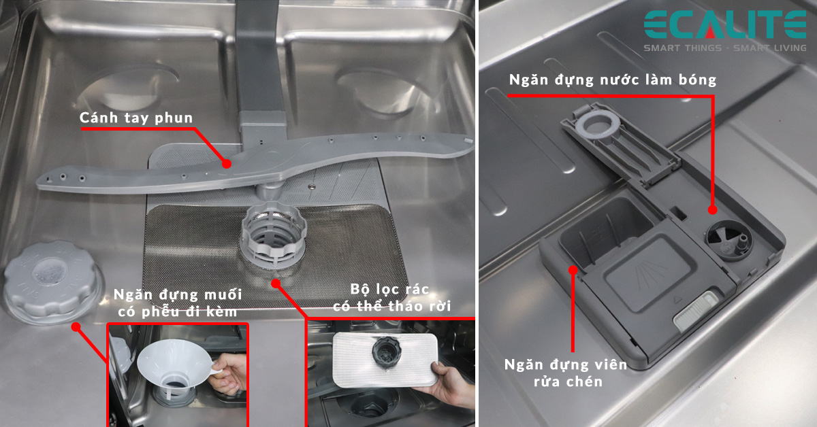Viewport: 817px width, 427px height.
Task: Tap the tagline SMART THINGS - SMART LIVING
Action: (725, 48)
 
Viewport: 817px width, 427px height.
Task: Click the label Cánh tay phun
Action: (136, 118)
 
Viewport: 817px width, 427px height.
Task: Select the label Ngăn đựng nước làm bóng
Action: (613, 80)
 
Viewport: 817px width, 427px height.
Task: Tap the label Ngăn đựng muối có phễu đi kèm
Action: (175, 303)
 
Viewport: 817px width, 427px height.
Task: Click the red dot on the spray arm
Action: (226, 163)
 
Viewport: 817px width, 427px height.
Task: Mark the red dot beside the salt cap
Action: (76, 327)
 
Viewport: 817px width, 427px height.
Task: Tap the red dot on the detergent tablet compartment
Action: (573, 270)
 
